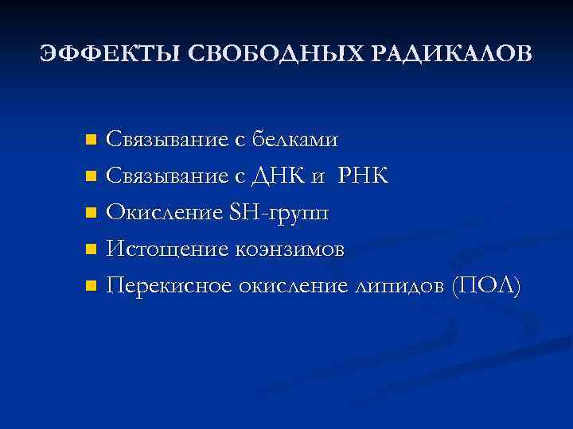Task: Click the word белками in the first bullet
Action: (x=294, y=141)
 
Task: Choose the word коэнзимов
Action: (x=289, y=249)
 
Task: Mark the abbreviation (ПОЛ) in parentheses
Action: (x=485, y=286)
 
